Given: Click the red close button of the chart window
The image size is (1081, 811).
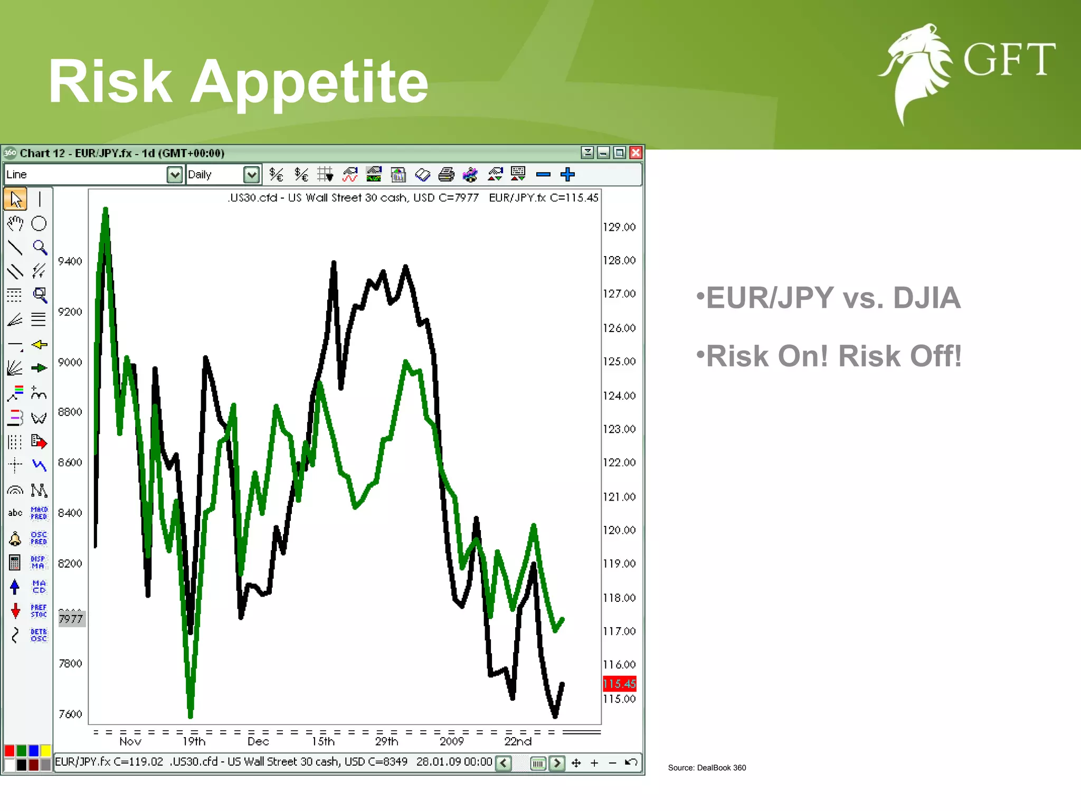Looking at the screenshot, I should pyautogui.click(x=636, y=153).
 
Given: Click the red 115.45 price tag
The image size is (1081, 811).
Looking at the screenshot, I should pyautogui.click(x=620, y=684).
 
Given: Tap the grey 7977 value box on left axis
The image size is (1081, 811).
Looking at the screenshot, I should pyautogui.click(x=71, y=619).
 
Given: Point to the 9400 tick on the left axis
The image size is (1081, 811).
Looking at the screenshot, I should pyautogui.click(x=70, y=261).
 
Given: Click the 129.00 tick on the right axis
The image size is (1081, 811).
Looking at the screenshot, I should pyautogui.click(x=619, y=227).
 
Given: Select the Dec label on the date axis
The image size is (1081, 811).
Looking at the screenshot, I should pyautogui.click(x=258, y=741).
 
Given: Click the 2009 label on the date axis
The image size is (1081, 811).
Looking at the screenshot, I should pyautogui.click(x=452, y=741).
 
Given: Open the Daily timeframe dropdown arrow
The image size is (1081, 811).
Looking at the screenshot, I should pyautogui.click(x=252, y=175).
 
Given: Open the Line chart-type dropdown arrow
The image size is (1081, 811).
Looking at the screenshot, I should pyautogui.click(x=174, y=175).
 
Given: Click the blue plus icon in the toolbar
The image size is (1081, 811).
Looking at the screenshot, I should pyautogui.click(x=567, y=174).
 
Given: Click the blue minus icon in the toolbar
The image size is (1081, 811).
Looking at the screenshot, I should pyautogui.click(x=543, y=174).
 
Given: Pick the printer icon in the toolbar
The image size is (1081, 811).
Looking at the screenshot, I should pyautogui.click(x=447, y=174).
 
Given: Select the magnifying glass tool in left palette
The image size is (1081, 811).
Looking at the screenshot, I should pyautogui.click(x=40, y=247).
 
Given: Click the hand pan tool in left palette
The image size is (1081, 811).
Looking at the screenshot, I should pyautogui.click(x=15, y=224).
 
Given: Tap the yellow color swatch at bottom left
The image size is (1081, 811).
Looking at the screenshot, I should pyautogui.click(x=46, y=750).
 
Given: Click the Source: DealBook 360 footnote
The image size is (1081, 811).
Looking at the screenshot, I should pyautogui.click(x=707, y=768).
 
